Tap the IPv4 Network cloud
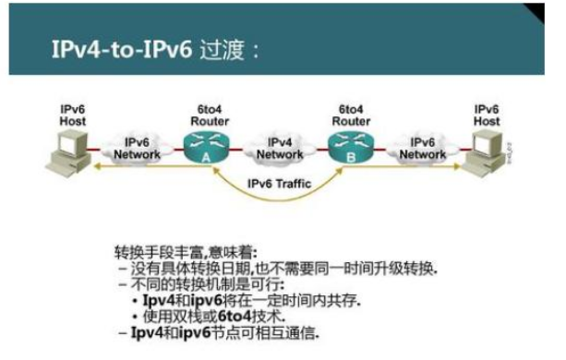coord(278,148)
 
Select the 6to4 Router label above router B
coord(353,114)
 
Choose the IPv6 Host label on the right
coord(487,114)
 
